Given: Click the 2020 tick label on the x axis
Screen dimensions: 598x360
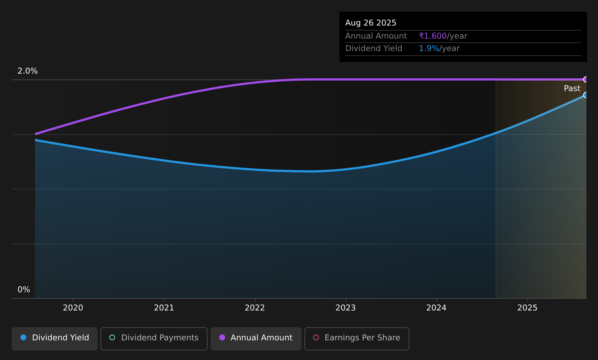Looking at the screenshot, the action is click(73, 308).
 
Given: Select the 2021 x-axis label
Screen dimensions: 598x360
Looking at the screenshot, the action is click(164, 308).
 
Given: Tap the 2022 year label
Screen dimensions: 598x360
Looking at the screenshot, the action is click(255, 308).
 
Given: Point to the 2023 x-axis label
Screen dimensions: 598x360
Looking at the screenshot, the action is click(346, 308).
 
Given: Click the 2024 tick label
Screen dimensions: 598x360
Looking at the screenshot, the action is click(436, 308).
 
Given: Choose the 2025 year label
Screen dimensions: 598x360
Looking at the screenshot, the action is click(527, 308).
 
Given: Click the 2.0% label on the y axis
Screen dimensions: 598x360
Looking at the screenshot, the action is click(28, 71).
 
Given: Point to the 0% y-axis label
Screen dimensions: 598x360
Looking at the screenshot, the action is click(24, 290).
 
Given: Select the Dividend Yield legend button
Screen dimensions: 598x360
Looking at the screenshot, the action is click(55, 339).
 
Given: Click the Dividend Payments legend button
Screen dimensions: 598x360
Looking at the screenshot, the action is click(154, 339).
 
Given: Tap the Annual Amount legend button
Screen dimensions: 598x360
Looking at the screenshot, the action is click(256, 339).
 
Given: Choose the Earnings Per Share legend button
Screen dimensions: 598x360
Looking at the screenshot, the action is click(357, 339).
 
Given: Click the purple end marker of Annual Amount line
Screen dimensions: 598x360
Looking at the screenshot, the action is click(585, 79).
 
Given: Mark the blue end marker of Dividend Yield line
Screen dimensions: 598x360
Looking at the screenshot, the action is click(585, 95).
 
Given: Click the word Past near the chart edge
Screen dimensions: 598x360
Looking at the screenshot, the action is click(572, 89).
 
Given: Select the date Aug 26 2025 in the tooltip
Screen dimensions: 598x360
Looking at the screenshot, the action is click(370, 23).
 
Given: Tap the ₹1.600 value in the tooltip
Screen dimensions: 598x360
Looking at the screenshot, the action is click(433, 36).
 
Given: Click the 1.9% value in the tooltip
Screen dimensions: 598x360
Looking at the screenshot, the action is click(429, 48).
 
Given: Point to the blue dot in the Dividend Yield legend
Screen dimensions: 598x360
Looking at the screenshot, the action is click(24, 337).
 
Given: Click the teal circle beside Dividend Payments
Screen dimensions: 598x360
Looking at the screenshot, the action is click(112, 337).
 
